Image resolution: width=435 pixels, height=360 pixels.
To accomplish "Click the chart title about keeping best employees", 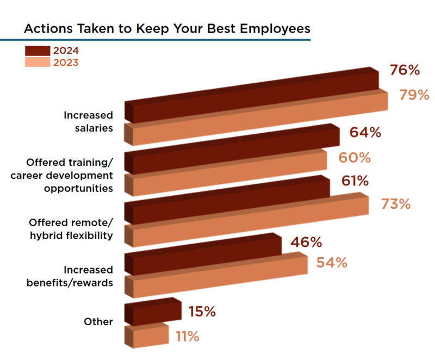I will (166, 29).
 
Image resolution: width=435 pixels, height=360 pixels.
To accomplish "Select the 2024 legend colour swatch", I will (38, 51).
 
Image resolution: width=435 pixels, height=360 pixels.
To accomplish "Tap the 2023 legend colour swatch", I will (38, 63).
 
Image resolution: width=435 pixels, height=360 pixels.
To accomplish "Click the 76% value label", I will (405, 70).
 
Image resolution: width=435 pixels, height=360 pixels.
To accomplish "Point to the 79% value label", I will (414, 95).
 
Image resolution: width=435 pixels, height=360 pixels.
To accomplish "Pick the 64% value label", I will (365, 133).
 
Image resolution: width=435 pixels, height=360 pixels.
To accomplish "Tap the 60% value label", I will (355, 158).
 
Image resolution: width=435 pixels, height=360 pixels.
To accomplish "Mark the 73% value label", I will (395, 204).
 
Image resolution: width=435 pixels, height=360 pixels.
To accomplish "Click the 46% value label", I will (307, 242).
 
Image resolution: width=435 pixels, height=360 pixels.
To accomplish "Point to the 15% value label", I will (202, 312).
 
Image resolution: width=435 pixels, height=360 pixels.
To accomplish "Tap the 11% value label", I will (187, 337).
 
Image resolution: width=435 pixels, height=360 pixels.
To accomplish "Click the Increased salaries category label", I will (88, 122).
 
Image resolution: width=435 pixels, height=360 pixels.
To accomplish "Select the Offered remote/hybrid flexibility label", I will (71, 229).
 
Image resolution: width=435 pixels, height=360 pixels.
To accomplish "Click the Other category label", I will (98, 322).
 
